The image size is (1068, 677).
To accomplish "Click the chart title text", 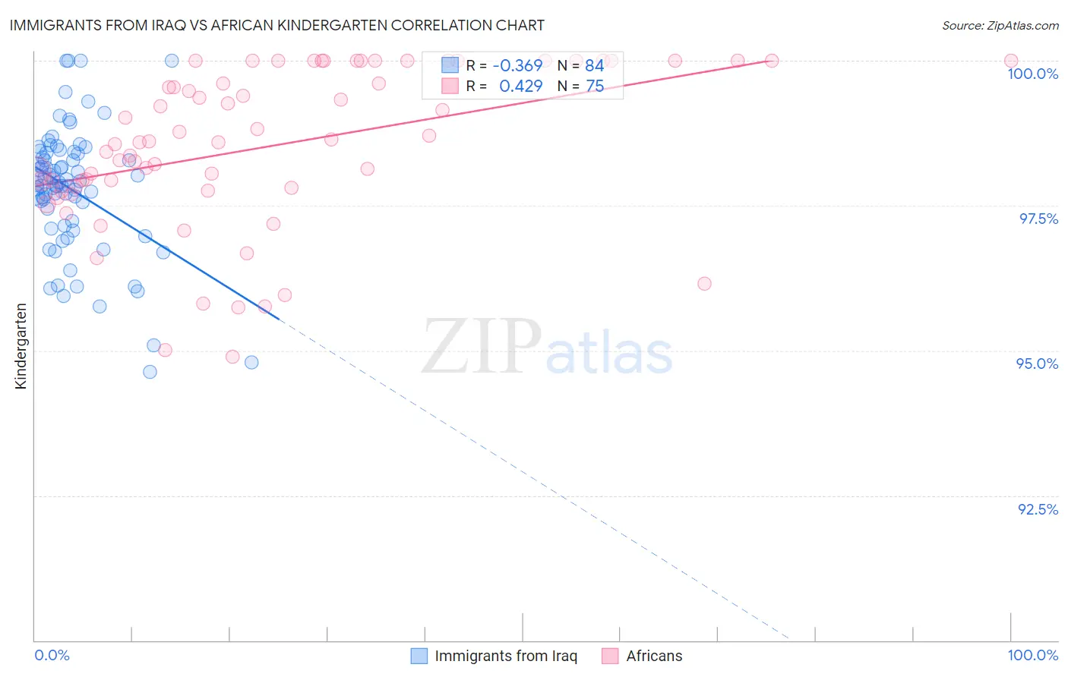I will point(276,25).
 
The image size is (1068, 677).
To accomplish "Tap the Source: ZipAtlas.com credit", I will point(1000,26).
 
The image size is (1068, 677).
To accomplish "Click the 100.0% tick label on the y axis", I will point(1032,74).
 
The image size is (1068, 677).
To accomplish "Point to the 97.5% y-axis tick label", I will point(1038,219).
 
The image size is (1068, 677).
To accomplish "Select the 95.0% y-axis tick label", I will point(1037,364).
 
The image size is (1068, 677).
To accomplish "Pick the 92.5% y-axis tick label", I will point(1038,509).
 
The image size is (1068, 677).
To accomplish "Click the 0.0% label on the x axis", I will point(52,655).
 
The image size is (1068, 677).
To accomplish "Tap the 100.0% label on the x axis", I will point(1032,655).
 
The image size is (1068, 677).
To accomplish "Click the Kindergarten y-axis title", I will point(21,346).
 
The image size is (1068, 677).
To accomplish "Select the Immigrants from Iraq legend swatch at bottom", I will point(419,656).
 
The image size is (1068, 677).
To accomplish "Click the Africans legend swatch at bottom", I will point(610,656).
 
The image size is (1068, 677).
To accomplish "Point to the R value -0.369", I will point(517,66).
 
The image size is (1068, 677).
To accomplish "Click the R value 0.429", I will point(520,87).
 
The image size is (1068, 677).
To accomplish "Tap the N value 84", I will point(594,66).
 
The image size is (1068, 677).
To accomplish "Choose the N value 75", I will point(594,87).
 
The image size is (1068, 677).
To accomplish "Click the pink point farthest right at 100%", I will point(1010,61).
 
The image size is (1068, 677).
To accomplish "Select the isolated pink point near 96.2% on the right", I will point(704,284).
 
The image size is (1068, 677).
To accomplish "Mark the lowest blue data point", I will point(150,372).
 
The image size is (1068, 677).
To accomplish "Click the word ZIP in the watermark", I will point(480,347).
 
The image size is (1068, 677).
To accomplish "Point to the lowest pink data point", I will point(232,357).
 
